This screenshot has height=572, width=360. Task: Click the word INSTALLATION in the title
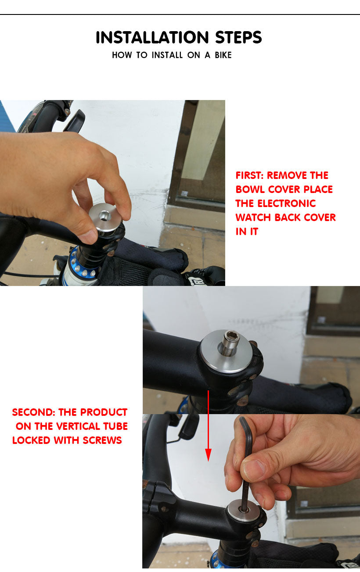click(152, 37)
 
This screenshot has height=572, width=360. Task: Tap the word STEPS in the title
click(238, 37)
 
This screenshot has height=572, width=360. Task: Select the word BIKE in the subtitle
click(223, 55)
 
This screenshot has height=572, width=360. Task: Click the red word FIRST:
click(249, 175)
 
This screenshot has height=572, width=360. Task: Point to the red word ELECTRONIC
click(286, 204)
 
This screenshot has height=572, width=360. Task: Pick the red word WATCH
click(253, 218)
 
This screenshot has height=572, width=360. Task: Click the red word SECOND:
click(33, 412)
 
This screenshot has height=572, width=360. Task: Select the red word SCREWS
click(102, 440)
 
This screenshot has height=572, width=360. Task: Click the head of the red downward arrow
click(209, 455)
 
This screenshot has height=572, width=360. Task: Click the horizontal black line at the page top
click(180, 14)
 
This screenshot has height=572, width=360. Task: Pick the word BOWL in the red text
click(250, 189)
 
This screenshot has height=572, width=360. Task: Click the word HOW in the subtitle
click(122, 55)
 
